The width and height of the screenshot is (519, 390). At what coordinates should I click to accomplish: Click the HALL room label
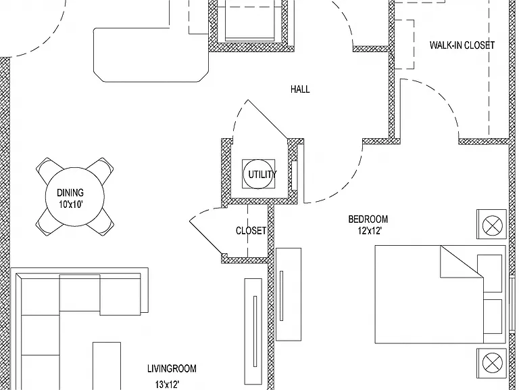[x=300, y=89]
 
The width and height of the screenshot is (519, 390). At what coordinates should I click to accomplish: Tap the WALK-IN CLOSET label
[x=462, y=45]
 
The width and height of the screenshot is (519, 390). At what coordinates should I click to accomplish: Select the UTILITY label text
[x=262, y=175]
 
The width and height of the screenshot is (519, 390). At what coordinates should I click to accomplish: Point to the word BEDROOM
[x=368, y=219]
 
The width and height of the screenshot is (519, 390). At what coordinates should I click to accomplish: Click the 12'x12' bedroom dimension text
[x=370, y=231]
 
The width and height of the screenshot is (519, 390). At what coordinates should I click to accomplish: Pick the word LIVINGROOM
[x=172, y=368]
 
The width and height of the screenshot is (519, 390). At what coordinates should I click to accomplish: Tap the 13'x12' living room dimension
[x=168, y=385]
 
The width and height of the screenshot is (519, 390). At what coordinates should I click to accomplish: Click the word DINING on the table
[x=70, y=193]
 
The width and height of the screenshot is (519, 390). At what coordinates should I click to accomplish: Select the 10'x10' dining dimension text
[x=70, y=204]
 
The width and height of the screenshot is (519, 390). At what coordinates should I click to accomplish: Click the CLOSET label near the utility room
[x=251, y=230]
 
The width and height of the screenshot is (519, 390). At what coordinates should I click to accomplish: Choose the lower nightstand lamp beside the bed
[x=493, y=363]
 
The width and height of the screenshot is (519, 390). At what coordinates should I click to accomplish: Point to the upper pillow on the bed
[x=489, y=274]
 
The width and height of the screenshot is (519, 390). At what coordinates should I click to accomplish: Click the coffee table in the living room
[x=107, y=366]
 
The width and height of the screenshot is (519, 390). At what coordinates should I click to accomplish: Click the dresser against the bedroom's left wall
[x=289, y=294]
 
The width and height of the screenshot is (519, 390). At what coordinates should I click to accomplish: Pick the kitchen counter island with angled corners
[x=151, y=55]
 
